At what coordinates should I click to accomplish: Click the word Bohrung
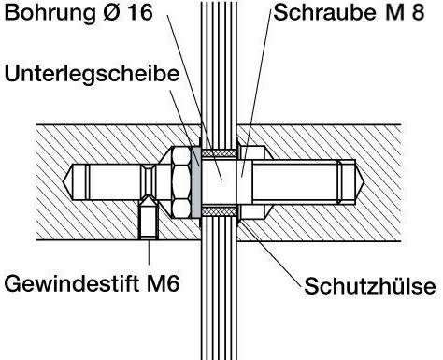[50, 13]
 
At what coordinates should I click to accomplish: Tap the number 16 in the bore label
[140, 12]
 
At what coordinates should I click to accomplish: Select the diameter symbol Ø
[112, 12]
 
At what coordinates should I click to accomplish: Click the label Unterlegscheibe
[92, 75]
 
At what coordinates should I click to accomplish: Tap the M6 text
[163, 283]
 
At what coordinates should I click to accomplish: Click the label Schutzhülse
[370, 285]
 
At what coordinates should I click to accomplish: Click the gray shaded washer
[195, 182]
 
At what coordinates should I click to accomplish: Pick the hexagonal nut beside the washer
[180, 182]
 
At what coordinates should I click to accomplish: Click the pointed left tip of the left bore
[64, 181]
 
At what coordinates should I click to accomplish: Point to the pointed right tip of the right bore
[364, 181]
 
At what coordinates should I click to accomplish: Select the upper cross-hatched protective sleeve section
[219, 153]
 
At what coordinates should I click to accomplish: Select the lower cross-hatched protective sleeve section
[219, 211]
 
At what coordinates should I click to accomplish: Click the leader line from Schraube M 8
[257, 93]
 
